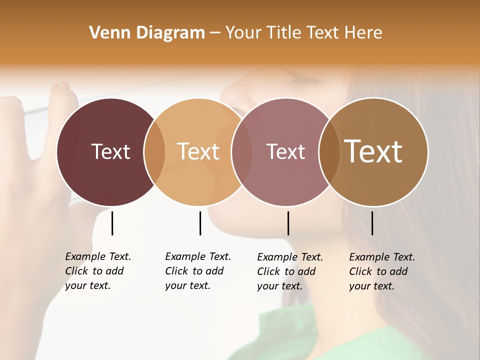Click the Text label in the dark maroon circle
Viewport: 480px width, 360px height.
[110, 151]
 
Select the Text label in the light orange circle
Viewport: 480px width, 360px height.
[198, 151]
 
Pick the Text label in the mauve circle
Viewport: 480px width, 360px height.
[285, 151]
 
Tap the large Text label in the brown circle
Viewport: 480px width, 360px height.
[373, 151]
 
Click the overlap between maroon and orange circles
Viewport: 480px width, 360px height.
[154, 152]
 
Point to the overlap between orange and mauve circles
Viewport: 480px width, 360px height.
[238, 152]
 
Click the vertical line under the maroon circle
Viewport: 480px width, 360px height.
[112, 223]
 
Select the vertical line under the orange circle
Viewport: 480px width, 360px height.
[200, 223]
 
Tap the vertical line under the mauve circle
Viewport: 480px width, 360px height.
[288, 223]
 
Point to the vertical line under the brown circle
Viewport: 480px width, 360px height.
[372, 223]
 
